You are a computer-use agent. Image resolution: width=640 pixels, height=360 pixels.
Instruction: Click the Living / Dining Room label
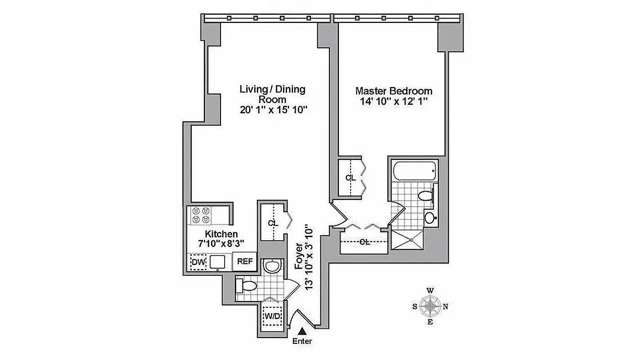pyautogui.click(x=272, y=94)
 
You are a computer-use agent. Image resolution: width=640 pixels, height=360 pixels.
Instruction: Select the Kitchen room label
pyautogui.click(x=221, y=234)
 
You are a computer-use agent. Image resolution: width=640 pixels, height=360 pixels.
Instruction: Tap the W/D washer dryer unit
pyautogui.click(x=272, y=316)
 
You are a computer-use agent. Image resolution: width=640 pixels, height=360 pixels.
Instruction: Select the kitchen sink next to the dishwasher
pyautogui.click(x=217, y=261)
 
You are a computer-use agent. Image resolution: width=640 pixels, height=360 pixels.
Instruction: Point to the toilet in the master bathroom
pyautogui.click(x=426, y=196)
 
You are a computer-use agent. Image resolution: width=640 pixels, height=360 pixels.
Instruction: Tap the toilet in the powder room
pyautogui.click(x=247, y=285)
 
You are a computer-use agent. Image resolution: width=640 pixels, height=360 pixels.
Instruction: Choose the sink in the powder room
pyautogui.click(x=272, y=266)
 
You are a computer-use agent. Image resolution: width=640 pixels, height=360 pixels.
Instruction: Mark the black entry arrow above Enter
pyautogui.click(x=302, y=331)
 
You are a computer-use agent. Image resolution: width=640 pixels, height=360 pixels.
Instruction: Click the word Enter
pyautogui.click(x=302, y=341)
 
